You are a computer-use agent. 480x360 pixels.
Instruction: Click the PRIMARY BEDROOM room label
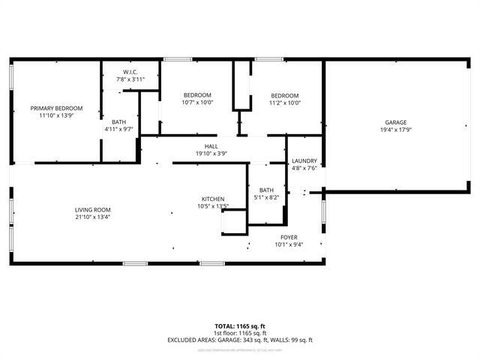click(x=56, y=108)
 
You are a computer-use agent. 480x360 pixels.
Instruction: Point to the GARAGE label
click(x=396, y=122)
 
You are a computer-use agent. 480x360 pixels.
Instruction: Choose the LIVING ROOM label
click(x=92, y=210)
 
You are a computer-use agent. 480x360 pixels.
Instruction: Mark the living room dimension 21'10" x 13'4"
click(x=92, y=217)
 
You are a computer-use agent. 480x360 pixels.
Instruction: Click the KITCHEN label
click(x=213, y=199)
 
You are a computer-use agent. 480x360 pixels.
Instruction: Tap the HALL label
click(x=211, y=146)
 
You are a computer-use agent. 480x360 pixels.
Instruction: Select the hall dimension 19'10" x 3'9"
click(x=211, y=153)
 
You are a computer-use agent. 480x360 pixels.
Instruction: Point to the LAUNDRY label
click(x=304, y=160)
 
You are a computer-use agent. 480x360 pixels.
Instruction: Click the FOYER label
click(x=289, y=236)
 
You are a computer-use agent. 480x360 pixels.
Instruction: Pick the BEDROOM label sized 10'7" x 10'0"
click(x=198, y=95)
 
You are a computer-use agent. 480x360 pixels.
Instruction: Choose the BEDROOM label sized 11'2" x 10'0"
click(x=285, y=95)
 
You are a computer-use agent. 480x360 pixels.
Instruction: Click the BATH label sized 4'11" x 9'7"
click(x=119, y=121)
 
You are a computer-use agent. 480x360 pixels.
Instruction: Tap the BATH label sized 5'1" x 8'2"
click(x=267, y=190)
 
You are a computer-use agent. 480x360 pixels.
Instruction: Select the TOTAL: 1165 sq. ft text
click(x=240, y=326)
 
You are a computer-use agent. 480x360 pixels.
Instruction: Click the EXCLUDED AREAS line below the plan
click(x=240, y=340)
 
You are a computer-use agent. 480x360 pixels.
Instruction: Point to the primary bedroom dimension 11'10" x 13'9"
click(x=56, y=115)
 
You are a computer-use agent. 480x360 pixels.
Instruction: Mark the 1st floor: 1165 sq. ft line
click(x=240, y=333)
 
